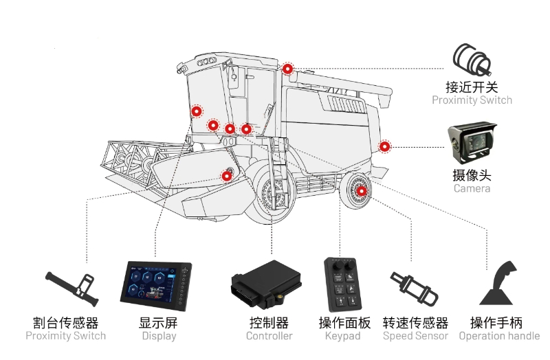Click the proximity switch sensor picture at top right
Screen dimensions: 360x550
(472, 61)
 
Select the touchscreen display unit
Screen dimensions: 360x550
(156, 284)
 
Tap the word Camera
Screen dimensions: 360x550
(472, 188)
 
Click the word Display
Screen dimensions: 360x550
(159, 337)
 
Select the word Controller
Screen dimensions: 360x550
(269, 337)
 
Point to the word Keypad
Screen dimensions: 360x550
(343, 337)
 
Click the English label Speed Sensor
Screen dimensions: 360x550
(415, 337)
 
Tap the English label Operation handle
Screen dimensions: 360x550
(499, 337)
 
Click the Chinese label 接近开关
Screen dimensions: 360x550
(472, 87)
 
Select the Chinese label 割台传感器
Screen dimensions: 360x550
(66, 322)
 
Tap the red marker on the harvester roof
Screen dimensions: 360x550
(287, 69)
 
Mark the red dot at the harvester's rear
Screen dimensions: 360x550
(384, 146)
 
